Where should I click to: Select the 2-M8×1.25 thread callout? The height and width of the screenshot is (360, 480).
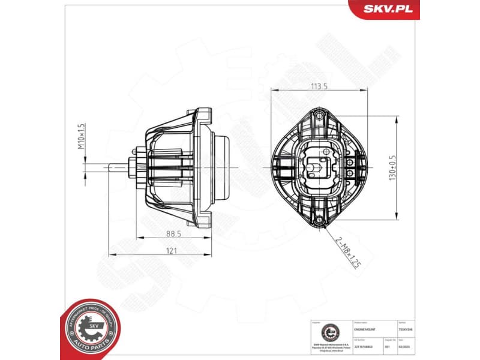tap(348, 252)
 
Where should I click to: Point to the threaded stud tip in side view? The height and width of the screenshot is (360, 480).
tap(113, 167)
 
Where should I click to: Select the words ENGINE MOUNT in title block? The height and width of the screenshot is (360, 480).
tap(365, 329)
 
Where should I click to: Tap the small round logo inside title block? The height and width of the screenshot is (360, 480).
tap(329, 332)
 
